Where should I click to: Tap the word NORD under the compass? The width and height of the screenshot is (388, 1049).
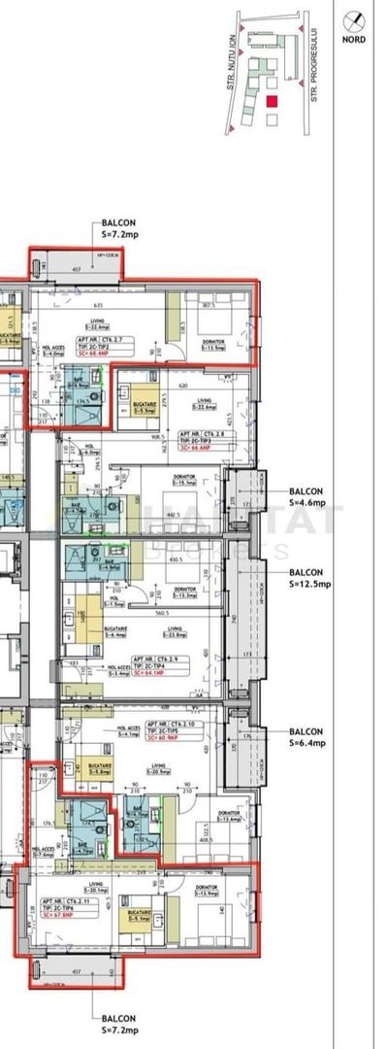(x=360, y=41)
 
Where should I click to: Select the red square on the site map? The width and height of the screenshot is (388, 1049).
(x=273, y=101)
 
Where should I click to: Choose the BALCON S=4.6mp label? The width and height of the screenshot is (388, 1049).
(x=309, y=497)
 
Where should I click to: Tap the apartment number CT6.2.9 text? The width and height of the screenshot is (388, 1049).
(x=158, y=659)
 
